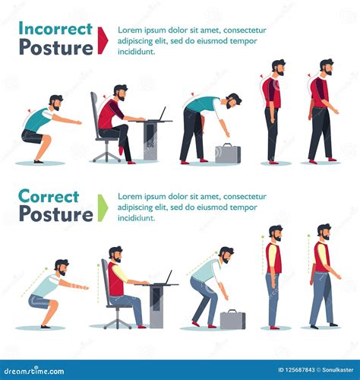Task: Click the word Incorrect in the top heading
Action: click(x=55, y=28)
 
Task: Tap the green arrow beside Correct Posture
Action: click(x=103, y=207)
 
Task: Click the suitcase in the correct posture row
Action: click(x=232, y=318)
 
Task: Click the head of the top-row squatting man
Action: click(x=55, y=103)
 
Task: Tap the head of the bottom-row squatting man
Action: click(x=61, y=267)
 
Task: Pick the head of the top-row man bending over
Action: click(x=233, y=101)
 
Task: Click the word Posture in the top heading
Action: click(x=55, y=47)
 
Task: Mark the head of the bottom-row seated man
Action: click(x=115, y=254)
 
